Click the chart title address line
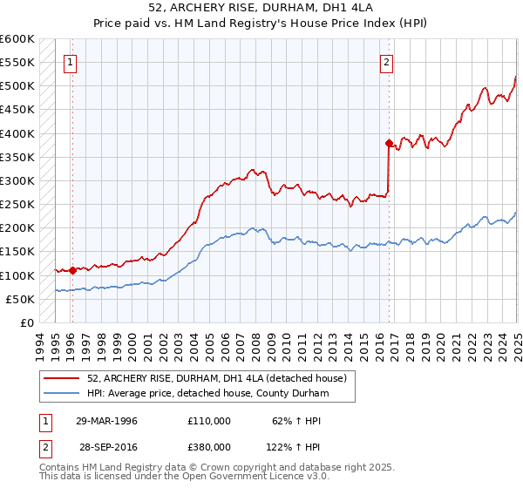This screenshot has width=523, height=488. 261,9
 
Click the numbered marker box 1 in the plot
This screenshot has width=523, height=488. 70,62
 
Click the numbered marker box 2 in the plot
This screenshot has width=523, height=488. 386,62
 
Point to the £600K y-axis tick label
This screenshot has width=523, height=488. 17,39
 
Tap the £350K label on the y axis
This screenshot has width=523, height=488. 17,158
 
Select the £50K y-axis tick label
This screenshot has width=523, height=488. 20,299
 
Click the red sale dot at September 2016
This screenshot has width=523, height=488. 389,143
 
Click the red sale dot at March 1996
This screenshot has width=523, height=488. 72,270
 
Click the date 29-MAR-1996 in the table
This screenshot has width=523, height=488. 107,421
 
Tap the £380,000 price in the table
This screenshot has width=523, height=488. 208,446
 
